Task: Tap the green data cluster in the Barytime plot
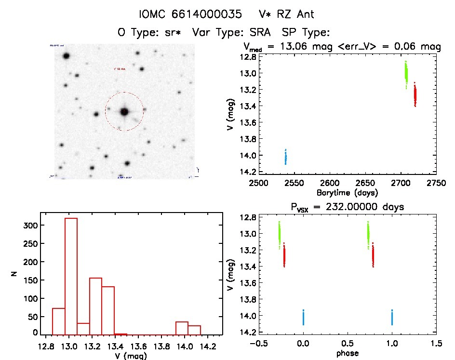pos(406,74)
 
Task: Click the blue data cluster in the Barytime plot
pos(286,157)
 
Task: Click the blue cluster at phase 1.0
pos(392,318)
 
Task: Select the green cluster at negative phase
pos(279,235)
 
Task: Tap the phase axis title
pos(347,353)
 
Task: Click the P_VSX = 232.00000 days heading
pos(347,207)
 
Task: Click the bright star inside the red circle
pos(124,112)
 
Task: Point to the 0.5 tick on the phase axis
pos(347,344)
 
